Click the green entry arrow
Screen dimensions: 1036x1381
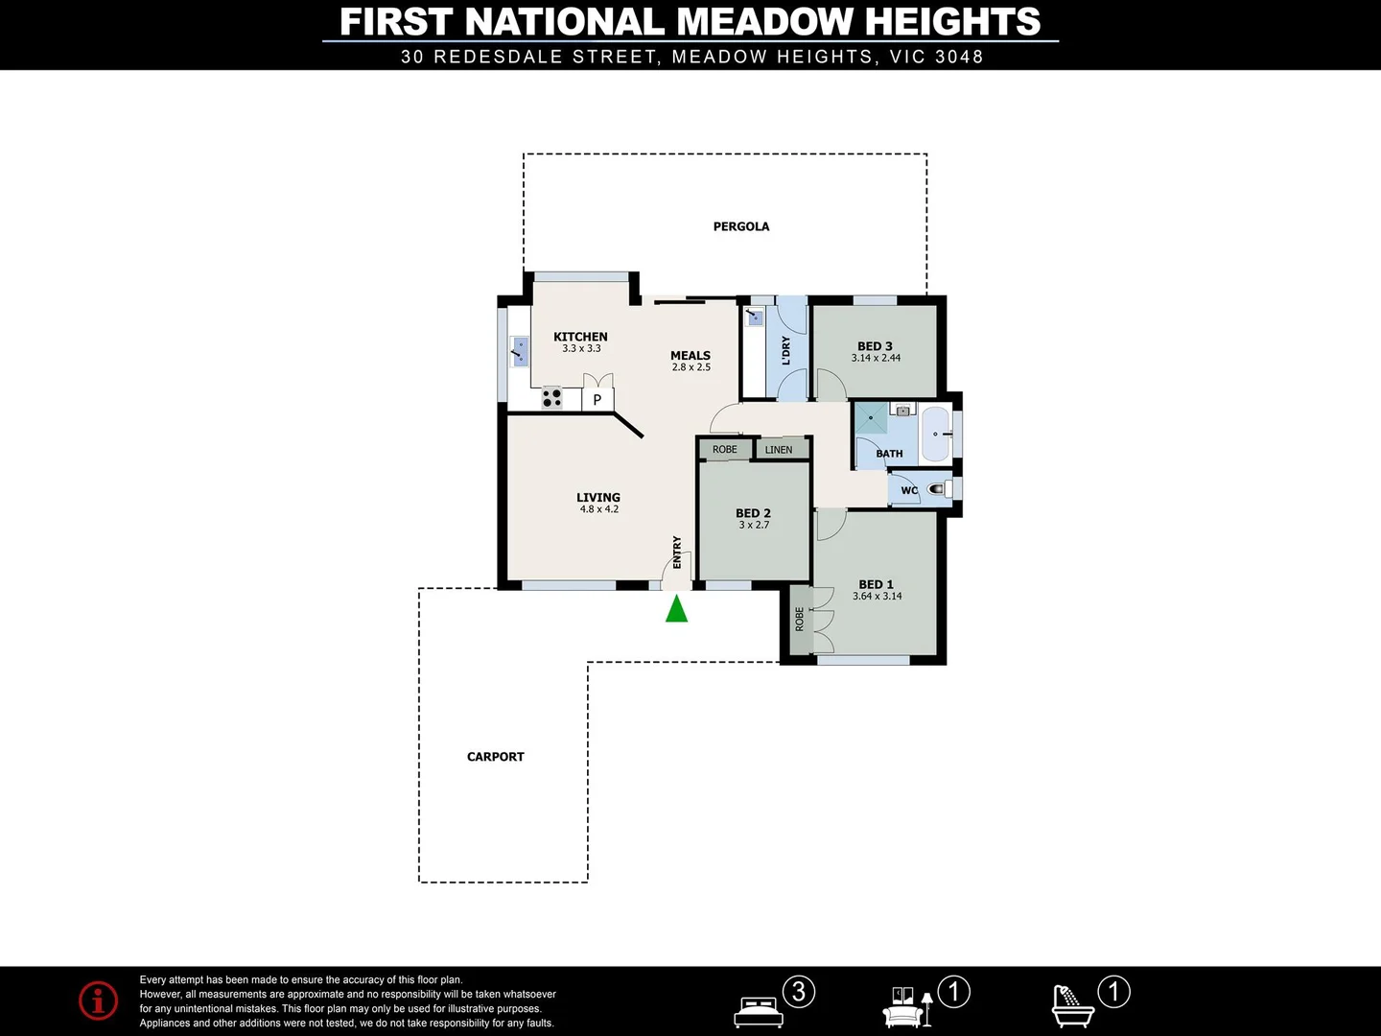[677, 609]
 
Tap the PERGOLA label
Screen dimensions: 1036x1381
[741, 226]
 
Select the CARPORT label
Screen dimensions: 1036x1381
[495, 757]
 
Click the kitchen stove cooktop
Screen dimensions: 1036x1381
[551, 397]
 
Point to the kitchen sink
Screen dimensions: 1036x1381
[520, 352]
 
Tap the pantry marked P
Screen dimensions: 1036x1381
[597, 399]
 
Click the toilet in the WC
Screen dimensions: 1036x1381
[938, 489]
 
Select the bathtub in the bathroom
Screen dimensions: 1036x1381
[935, 435]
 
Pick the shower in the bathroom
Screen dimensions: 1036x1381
[871, 418]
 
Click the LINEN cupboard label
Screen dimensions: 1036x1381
[779, 449]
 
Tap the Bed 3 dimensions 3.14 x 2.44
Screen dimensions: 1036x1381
[876, 358]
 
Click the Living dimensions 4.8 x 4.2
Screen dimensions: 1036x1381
[598, 509]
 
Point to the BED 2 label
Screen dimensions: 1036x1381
[753, 513]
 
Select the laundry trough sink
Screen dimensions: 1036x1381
[755, 316]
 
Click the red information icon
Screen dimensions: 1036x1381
[99, 1001]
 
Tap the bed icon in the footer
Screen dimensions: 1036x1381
[759, 1011]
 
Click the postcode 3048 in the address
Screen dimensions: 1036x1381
[959, 57]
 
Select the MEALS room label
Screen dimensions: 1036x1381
[690, 355]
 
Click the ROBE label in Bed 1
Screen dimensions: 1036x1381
[799, 619]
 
